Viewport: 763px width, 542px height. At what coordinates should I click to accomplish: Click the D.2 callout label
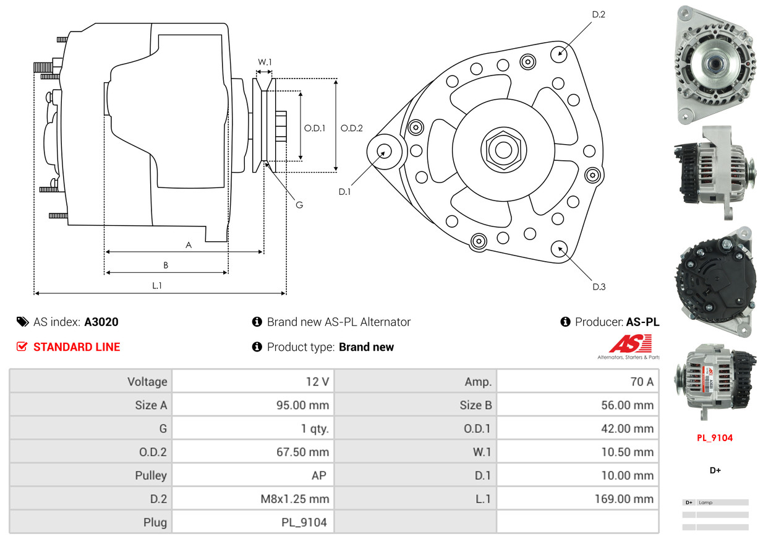pos(598,14)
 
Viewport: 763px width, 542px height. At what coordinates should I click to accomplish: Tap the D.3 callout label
pos(599,286)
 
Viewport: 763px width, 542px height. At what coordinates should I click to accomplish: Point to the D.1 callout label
pos(344,192)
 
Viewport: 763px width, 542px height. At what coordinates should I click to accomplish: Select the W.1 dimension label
pos(265,62)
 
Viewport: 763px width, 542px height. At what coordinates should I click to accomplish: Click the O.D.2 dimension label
pos(352,129)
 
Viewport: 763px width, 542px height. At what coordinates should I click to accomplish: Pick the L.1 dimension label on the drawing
pos(157,285)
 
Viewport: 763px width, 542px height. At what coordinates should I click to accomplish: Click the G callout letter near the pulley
pos(299,205)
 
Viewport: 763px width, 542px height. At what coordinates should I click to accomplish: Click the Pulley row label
pos(151,475)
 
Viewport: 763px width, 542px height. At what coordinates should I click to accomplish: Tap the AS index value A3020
pos(101,322)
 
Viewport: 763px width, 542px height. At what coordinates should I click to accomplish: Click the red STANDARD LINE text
pos(77,347)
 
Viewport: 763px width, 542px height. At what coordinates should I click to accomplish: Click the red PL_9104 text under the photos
pos(714,438)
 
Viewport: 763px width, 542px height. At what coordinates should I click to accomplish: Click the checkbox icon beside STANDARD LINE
pos(22,347)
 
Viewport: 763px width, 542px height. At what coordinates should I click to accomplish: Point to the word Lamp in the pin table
pos(705,502)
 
